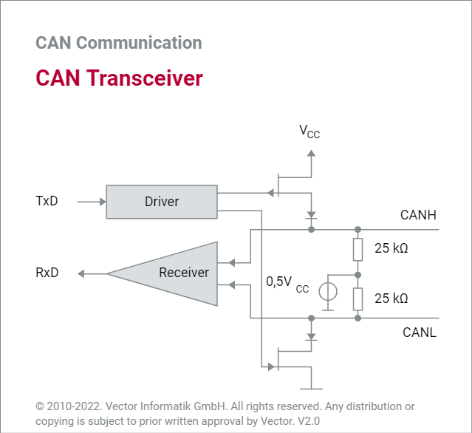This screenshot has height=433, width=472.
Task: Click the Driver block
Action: coord(162,202)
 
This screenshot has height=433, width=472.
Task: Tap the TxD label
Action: coord(47,201)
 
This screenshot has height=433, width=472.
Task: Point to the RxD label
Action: coord(47,273)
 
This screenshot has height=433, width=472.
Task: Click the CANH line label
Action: coord(418,216)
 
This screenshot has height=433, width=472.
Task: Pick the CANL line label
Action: coord(419,332)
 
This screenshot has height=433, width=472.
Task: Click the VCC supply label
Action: coord(309,132)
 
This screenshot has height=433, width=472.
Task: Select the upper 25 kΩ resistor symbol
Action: coord(358,250)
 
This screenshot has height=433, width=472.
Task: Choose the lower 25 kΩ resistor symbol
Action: coord(358,299)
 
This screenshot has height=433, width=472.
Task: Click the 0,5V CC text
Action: coord(287,283)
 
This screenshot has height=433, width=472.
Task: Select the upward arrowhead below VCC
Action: coord(311,154)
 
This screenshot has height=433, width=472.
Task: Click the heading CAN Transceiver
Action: coord(119,78)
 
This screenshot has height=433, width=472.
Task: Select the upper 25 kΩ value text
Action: coord(391,248)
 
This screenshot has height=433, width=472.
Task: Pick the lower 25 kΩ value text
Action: coord(391,299)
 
